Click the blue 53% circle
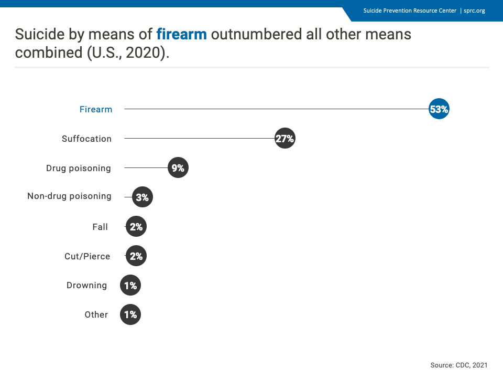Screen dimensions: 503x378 [439, 109]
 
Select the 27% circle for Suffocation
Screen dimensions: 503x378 [285, 138]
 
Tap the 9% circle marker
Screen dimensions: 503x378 [178, 167]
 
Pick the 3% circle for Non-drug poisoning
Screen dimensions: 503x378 [143, 197]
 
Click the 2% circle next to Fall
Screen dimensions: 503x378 [136, 226]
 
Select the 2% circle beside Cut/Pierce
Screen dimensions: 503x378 [136, 256]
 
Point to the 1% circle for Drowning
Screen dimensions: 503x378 [130, 285]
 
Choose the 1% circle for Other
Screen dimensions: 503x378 [130, 314]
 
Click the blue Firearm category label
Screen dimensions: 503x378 [96, 109]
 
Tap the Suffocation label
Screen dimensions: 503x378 [86, 139]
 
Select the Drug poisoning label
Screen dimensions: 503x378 [78, 168]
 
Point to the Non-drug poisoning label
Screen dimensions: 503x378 [69, 196]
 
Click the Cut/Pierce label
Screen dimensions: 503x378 [88, 256]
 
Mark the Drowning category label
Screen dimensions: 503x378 [86, 286]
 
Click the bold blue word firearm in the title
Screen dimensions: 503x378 [182, 34]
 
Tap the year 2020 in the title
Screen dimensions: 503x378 [143, 52]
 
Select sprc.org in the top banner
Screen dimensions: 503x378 [475, 10]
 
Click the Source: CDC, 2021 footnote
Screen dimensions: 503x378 [459, 365]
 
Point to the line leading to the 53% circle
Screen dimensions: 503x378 [277, 109]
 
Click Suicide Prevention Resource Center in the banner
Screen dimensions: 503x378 [410, 10]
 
